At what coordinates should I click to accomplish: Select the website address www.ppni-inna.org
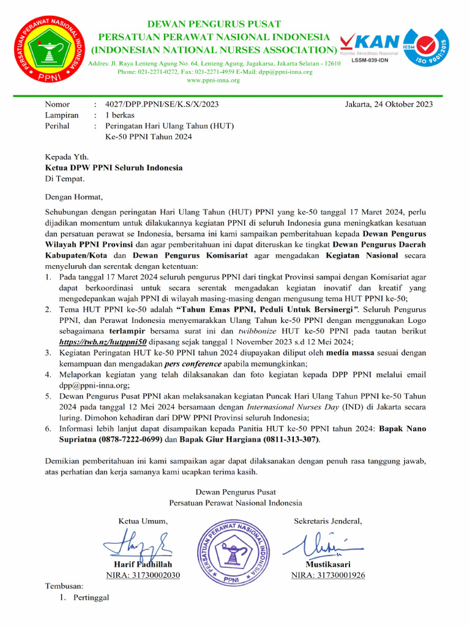coord(213,80)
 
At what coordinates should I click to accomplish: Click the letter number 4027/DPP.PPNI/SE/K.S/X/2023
coord(162,104)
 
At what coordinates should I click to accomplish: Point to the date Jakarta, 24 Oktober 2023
coord(389,104)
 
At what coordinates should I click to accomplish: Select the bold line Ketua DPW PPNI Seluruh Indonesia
coord(114,168)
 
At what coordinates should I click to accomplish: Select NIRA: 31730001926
coord(328,575)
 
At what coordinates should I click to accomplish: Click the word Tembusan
coord(64,586)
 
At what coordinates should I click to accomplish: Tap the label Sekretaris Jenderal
coord(328,521)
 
